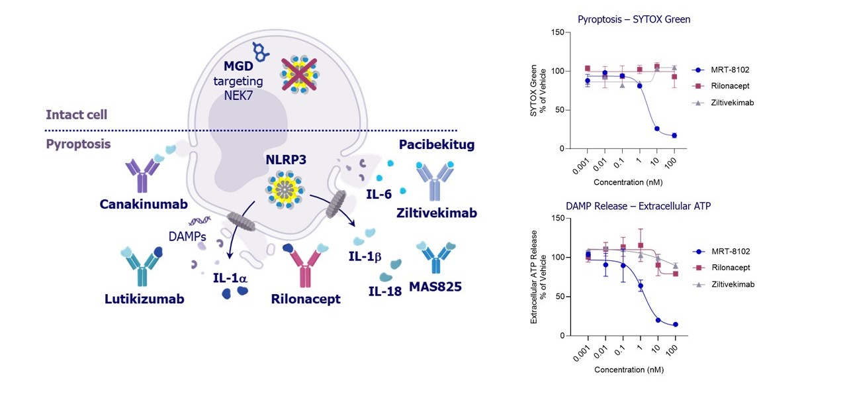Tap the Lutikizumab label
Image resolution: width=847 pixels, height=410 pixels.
[x=144, y=299]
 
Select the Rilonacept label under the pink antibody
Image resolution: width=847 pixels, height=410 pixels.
[x=306, y=299]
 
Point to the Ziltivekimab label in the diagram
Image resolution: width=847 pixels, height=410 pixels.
[x=436, y=213]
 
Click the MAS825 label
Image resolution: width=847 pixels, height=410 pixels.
[x=435, y=287]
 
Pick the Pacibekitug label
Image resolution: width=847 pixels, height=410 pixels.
[x=437, y=144]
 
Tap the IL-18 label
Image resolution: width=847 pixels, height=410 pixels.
[x=385, y=290]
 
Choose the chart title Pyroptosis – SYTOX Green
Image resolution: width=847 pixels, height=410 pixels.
[x=633, y=19]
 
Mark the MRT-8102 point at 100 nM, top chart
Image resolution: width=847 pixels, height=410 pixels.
[x=674, y=136]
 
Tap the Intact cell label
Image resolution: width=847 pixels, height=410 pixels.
[x=76, y=115]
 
